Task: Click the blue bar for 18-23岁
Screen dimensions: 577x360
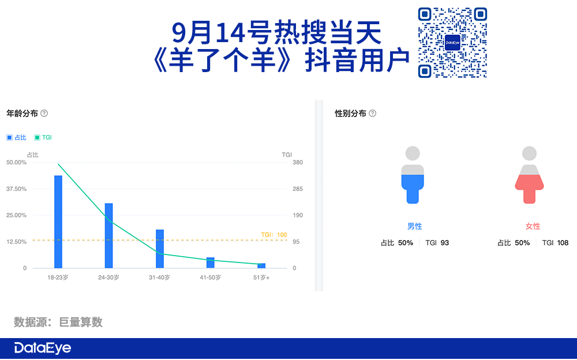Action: tap(58, 222)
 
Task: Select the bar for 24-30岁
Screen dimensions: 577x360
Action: tap(109, 235)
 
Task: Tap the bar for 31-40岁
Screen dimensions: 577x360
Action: tap(160, 249)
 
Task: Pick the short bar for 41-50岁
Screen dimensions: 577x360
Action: tap(211, 262)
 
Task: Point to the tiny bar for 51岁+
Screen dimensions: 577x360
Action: tap(261, 266)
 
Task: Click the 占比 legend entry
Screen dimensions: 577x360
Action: tap(17, 137)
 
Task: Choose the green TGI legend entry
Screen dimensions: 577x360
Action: tap(43, 137)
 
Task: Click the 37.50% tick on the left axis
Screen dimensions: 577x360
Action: tap(17, 189)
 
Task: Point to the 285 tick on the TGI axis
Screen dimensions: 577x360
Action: tap(298, 189)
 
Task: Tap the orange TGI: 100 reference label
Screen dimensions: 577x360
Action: tap(273, 234)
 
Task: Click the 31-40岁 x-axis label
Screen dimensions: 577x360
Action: tap(159, 277)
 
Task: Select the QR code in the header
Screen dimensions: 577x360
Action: tap(452, 43)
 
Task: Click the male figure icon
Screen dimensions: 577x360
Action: tap(413, 175)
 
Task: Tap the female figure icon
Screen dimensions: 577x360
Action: tap(529, 175)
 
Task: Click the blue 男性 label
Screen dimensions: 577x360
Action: tap(415, 226)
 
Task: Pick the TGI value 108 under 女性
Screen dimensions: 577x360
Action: tap(563, 242)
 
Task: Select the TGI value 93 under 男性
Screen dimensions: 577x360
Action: tap(445, 242)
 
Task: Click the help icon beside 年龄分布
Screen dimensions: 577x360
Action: tap(44, 114)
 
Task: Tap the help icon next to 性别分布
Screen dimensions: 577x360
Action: tap(372, 114)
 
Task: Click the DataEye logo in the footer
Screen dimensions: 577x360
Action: tap(43, 348)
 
